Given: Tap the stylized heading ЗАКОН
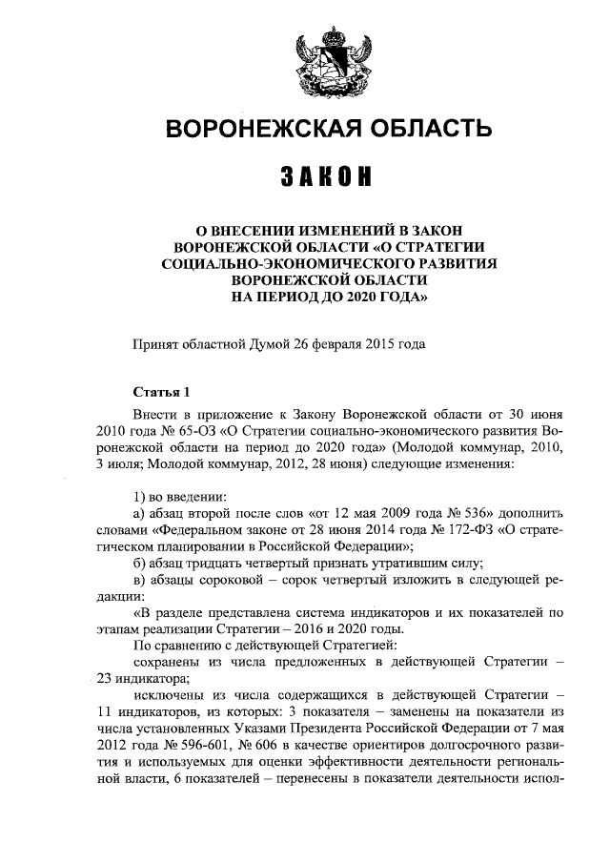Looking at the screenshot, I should pyautogui.click(x=328, y=178).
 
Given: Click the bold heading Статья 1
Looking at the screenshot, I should pyautogui.click(x=161, y=393).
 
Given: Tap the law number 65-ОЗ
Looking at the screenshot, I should pyautogui.click(x=186, y=432).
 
